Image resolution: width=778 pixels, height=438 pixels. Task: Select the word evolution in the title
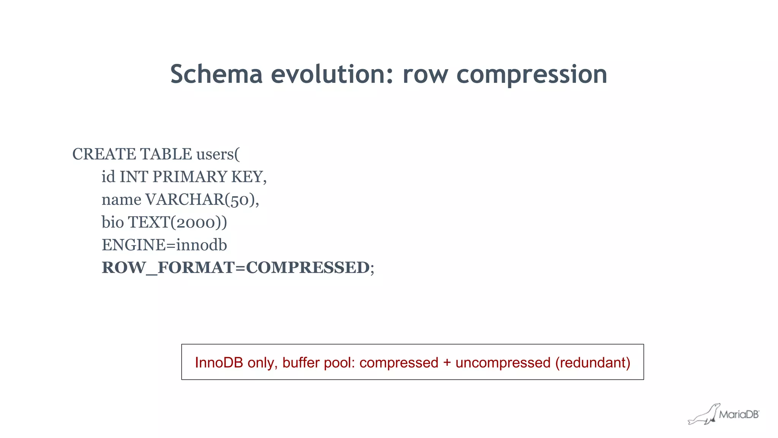point(332,74)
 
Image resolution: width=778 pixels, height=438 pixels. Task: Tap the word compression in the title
point(531,75)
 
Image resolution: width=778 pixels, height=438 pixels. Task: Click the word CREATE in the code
point(104,154)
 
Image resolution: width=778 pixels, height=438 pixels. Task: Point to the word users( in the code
point(218,154)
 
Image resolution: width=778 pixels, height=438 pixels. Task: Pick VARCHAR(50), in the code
point(202,200)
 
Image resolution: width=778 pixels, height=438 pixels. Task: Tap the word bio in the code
point(112,222)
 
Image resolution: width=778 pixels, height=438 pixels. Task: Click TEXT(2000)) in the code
point(178,223)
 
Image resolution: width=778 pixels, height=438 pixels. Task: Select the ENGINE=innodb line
point(164,245)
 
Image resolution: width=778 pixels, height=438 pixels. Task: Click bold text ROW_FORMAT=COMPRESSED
point(236,268)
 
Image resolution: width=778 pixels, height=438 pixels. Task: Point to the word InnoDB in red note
point(219,363)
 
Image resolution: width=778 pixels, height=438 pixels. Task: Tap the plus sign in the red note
point(447,363)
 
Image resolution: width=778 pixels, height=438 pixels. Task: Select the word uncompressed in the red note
point(503,363)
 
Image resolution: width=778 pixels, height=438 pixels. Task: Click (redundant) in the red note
point(593,363)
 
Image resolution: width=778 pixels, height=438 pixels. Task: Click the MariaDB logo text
point(738,415)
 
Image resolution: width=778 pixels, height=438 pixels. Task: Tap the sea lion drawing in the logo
point(704,415)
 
